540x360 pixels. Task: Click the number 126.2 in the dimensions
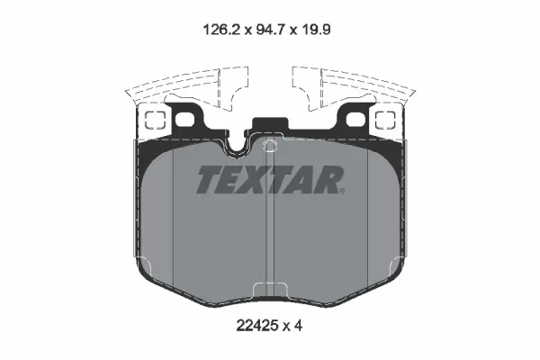[221, 30]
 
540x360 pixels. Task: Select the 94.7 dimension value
[271, 30]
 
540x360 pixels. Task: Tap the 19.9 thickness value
[316, 30]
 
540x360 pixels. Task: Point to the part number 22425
[256, 325]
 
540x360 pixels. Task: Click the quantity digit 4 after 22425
[298, 325]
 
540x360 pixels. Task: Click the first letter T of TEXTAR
[210, 179]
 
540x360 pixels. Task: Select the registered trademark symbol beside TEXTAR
[341, 191]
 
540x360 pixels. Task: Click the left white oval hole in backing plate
[184, 120]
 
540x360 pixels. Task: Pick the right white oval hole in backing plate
[355, 120]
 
